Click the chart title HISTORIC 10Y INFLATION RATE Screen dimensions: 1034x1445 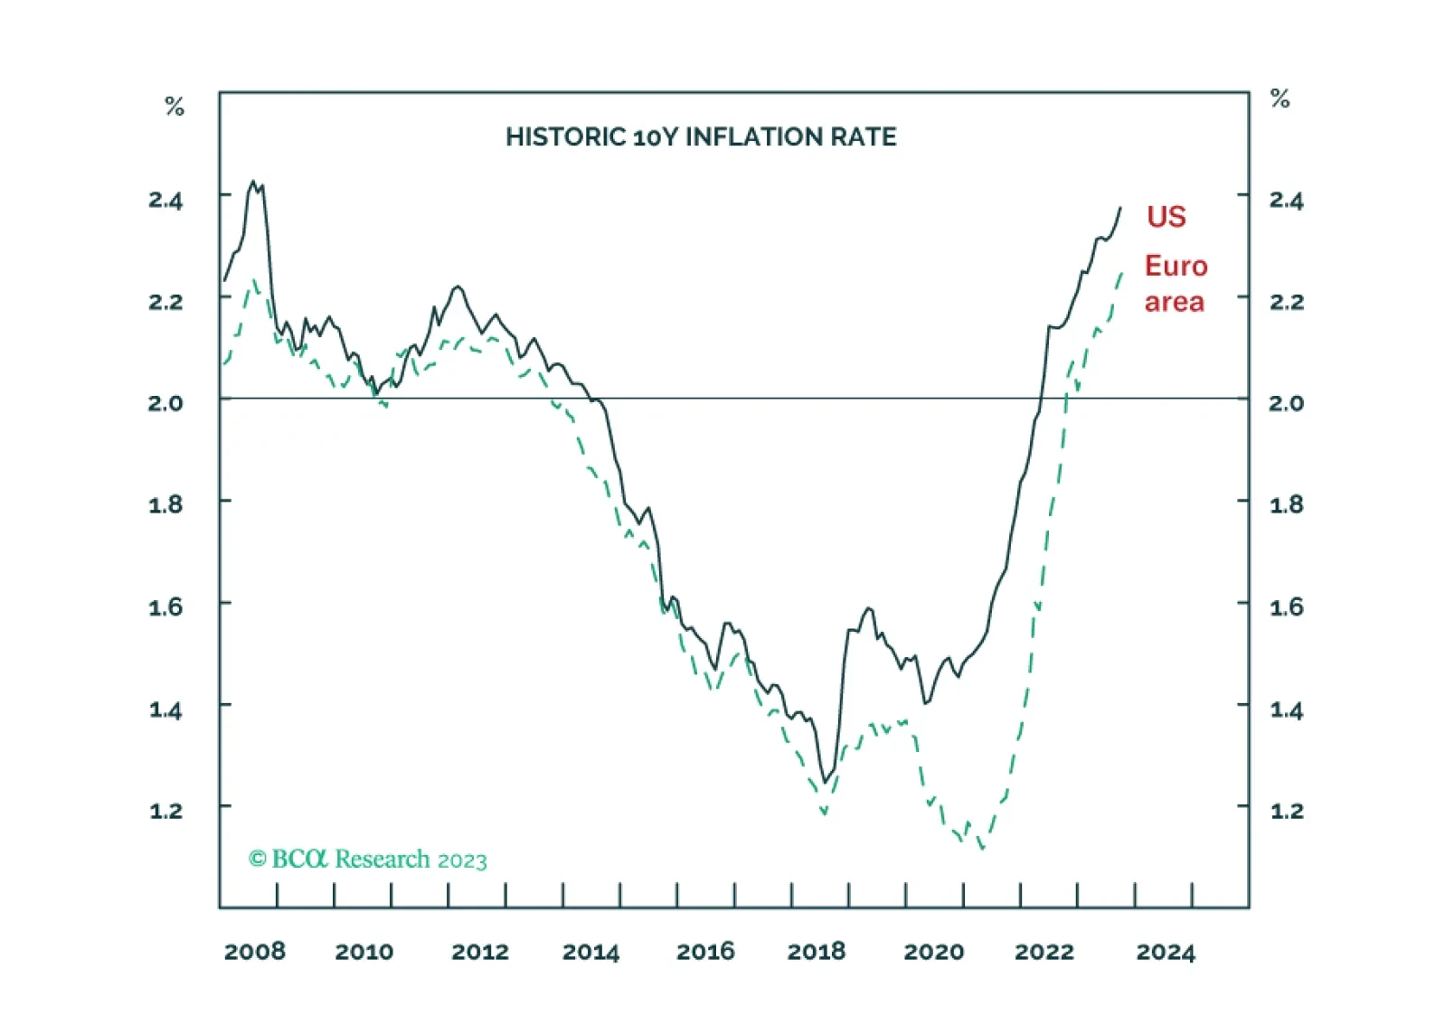701,137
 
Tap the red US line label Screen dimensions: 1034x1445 1166,217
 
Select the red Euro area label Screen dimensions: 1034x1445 1175,283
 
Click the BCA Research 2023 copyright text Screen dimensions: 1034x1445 368,859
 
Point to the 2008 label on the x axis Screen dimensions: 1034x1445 254,952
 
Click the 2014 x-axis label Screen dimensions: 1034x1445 590,952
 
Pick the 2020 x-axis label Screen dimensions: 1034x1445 933,952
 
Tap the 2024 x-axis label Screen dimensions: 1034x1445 1165,952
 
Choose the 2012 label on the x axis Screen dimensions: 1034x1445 479,952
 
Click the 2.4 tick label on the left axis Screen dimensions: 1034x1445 165,200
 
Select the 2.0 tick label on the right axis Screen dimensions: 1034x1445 1286,403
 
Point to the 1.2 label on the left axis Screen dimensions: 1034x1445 165,811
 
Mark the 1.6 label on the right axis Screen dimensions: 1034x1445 1286,606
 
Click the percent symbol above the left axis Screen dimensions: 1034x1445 175,107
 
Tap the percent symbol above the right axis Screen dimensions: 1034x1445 1280,99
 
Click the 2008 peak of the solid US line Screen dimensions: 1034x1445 253,182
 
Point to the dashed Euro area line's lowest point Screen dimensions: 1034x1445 982,848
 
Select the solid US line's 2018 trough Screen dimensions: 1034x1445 824,781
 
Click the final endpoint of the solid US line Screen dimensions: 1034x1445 1120,208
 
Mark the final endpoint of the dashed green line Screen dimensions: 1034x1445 1122,271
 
